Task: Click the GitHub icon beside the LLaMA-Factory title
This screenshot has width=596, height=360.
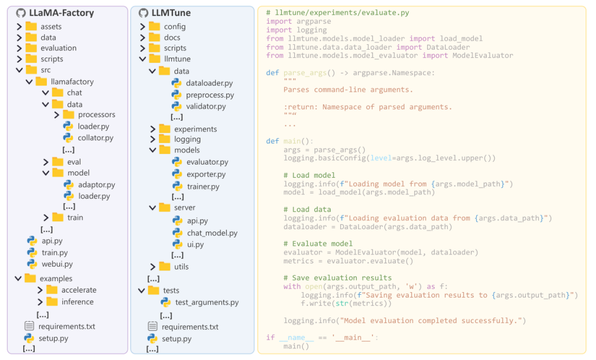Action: pos(21,13)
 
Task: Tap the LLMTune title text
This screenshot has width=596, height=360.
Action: pos(171,13)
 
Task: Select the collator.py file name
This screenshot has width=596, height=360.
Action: pos(95,138)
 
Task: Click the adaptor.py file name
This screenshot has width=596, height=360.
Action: pos(97,185)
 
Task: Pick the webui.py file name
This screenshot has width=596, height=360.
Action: pos(57,264)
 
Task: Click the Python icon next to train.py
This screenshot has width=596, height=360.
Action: pos(32,252)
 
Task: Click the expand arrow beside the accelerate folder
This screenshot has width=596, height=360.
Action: pos(40,290)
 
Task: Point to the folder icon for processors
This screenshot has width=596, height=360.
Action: pos(68,114)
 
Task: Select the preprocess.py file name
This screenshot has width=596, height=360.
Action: pos(210,95)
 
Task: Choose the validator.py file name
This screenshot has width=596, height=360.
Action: pos(206,107)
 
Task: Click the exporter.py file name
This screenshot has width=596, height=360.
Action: pos(206,174)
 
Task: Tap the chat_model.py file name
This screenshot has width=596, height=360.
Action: pos(212,233)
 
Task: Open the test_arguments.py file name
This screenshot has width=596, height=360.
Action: pos(207,303)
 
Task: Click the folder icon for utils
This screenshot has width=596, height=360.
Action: pos(164,267)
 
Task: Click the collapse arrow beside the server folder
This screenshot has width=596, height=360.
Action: pos(152,208)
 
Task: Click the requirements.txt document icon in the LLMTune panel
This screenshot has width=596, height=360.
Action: pos(152,326)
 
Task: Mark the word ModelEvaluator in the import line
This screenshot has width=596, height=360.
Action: pos(483,56)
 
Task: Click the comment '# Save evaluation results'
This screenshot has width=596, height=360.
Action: pos(338,278)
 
